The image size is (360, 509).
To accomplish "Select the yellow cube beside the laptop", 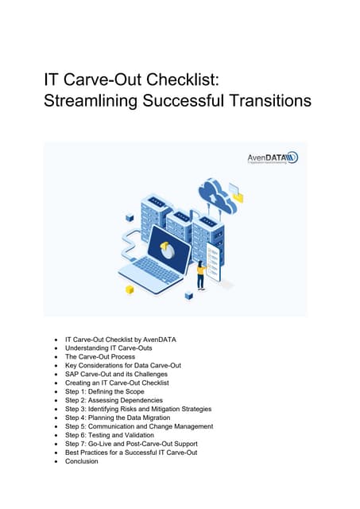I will click(130, 289).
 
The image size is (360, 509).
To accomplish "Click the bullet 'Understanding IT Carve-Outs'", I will click(109, 348).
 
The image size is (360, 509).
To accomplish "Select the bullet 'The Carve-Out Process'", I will click(101, 356).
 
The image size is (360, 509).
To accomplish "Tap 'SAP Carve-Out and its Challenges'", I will click(117, 374).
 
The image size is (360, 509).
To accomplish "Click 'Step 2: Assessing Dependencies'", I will click(114, 400).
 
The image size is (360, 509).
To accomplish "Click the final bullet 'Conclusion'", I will click(82, 461).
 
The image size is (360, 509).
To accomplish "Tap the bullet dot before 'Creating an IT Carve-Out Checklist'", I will click(55, 383).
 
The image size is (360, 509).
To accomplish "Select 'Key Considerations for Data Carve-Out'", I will click(123, 365).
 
